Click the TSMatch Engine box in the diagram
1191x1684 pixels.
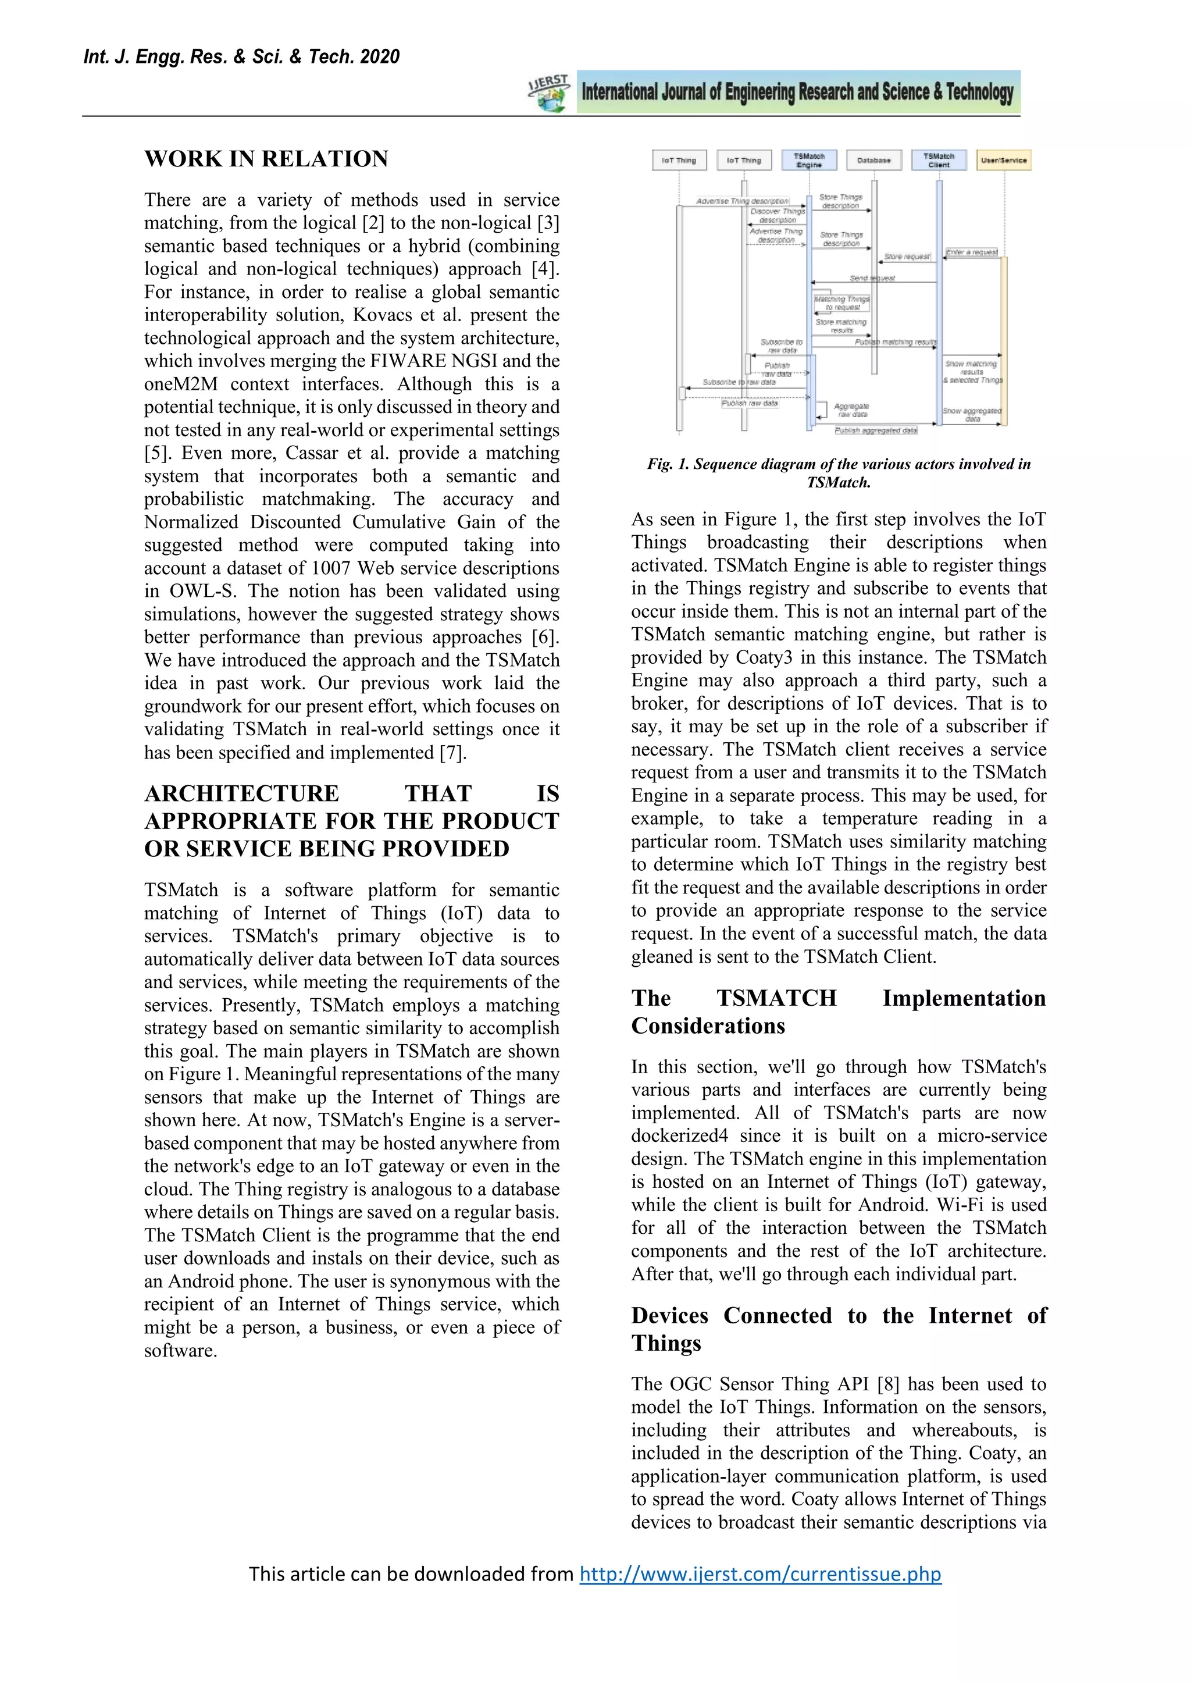[x=809, y=160]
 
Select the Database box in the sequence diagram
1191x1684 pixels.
[x=873, y=160]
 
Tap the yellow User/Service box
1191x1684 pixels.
[x=1004, y=160]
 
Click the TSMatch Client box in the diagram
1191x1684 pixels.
[x=939, y=160]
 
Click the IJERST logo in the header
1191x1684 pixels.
[x=550, y=93]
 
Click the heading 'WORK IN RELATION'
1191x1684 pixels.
[x=266, y=159]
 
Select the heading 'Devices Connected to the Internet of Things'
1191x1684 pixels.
[x=839, y=1329]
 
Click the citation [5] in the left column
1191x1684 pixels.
[x=156, y=453]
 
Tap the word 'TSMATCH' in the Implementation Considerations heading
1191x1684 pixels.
[x=776, y=999]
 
